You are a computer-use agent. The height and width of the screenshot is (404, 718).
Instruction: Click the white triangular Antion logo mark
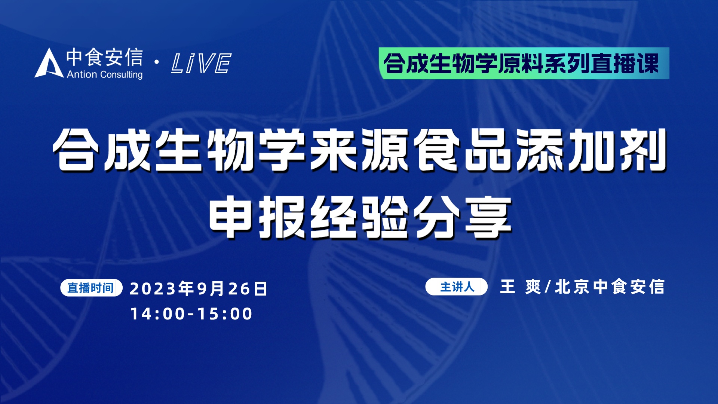pos(49,64)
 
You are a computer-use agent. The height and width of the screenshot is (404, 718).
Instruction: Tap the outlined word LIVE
pos(201,63)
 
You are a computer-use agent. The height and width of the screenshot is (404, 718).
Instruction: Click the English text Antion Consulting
pos(105,74)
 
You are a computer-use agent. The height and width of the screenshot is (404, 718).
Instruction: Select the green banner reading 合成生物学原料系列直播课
pos(524,63)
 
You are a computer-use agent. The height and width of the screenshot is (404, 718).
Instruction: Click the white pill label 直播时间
pos(91,288)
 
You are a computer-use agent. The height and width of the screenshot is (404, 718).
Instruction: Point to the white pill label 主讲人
pos(456,287)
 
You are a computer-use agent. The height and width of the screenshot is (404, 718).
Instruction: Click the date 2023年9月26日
pos(199,288)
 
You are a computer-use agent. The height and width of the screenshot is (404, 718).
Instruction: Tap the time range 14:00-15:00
pos(191,313)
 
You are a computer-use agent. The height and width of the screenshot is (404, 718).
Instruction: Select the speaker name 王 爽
pos(520,287)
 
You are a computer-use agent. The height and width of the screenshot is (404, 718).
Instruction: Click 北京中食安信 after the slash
pos(610,287)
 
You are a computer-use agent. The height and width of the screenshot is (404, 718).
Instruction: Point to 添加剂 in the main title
pos(591,150)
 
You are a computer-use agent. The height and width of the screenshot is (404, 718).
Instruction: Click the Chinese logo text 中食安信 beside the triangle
pos(105,58)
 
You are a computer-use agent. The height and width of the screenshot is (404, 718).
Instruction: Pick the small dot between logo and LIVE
pos(157,62)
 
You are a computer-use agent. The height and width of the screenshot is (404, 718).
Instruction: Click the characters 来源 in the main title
pos(360,150)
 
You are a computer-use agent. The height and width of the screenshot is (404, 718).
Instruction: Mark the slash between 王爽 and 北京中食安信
pos(548,287)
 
